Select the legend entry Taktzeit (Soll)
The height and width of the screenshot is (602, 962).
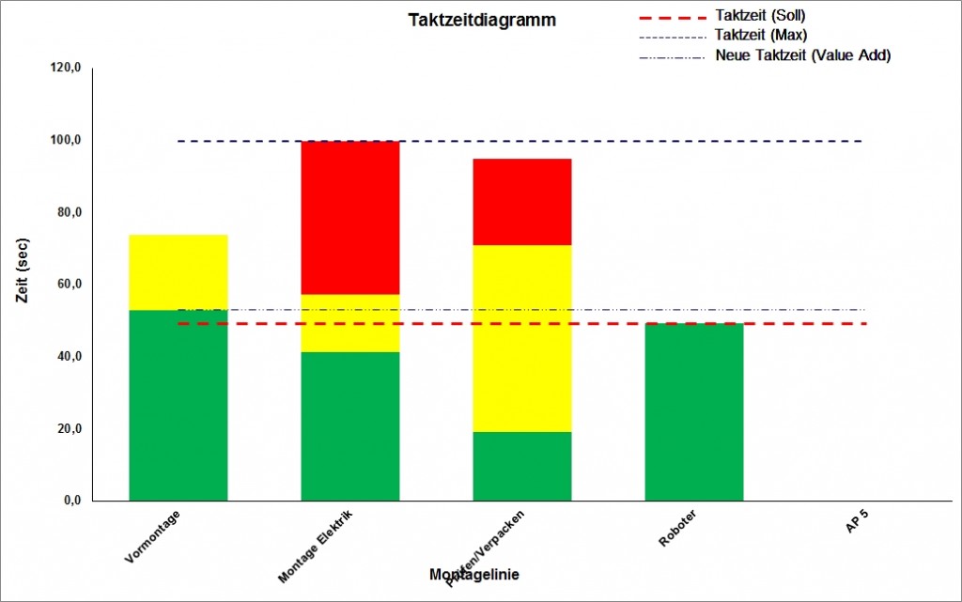click(x=759, y=16)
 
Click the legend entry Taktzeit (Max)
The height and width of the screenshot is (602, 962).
click(x=759, y=35)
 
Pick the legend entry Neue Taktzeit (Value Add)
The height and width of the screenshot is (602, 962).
click(x=802, y=54)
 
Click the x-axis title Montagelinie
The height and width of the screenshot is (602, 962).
click(x=474, y=574)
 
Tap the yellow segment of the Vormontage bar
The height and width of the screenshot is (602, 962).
click(x=178, y=272)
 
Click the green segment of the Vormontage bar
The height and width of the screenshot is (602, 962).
click(x=178, y=405)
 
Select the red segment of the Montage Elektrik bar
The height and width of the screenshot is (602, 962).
click(x=349, y=217)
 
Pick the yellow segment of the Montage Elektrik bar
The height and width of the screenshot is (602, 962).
click(x=349, y=323)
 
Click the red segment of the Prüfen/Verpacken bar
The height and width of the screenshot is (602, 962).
click(x=521, y=202)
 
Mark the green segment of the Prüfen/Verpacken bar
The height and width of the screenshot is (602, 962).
click(x=521, y=466)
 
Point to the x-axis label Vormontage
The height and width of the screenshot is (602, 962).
click(x=152, y=536)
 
